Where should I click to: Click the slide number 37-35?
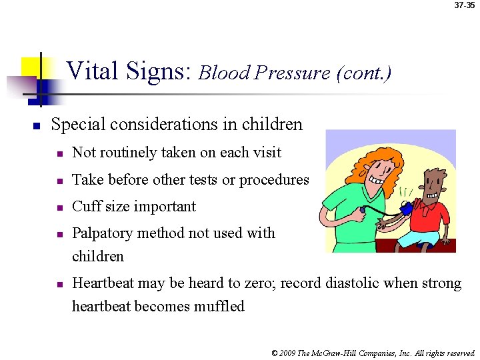coord(465,5)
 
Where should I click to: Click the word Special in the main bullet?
coord(77,125)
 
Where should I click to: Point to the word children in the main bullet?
coord(274,125)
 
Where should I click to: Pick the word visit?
coord(266,153)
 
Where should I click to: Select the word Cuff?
coord(85,207)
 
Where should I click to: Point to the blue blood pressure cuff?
coord(405,210)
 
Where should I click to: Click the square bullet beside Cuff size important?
coord(59,207)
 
